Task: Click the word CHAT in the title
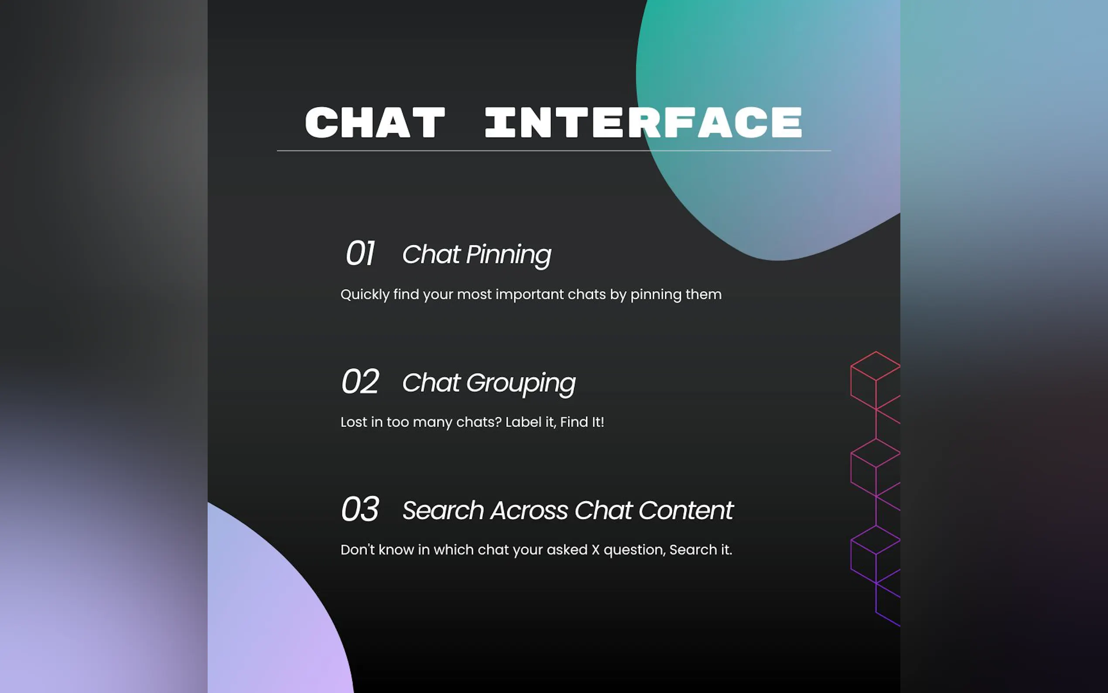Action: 375,122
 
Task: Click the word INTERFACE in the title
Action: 643,122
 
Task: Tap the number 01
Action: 360,253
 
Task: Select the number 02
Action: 360,381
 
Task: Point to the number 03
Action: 360,509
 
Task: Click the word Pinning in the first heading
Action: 509,255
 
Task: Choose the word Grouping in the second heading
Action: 521,384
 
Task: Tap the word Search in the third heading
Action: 443,511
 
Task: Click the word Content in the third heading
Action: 686,511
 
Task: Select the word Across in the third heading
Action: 529,511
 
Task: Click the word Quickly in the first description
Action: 365,295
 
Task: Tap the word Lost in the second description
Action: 354,422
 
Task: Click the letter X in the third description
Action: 595,550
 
